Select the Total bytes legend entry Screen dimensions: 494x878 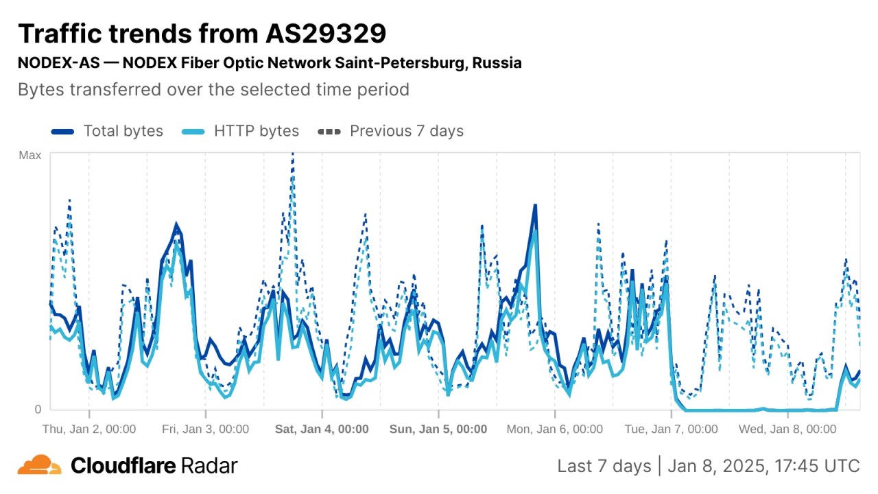123,131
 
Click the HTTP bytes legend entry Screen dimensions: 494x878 256,131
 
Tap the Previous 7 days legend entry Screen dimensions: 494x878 406,131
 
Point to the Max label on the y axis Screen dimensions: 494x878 29,156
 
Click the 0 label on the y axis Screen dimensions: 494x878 38,409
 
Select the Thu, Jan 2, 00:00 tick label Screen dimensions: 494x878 89,430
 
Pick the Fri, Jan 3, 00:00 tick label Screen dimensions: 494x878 205,430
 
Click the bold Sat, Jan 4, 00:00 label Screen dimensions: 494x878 322,430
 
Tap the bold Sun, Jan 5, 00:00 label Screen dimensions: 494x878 438,430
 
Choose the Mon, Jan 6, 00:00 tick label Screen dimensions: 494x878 554,430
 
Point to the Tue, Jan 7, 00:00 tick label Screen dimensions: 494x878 671,430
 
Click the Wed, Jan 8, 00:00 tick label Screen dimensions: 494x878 787,430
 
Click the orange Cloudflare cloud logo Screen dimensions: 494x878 40,465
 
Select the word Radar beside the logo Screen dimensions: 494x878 209,466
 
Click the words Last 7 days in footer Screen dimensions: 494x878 604,466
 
